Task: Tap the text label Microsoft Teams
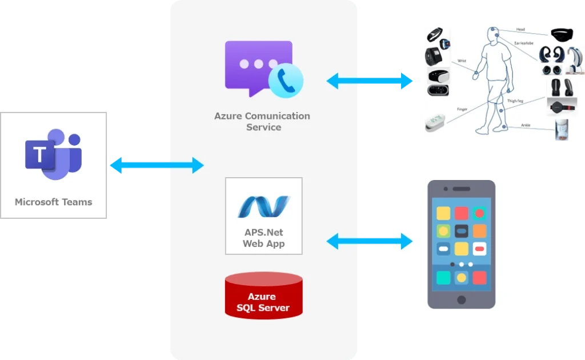(x=53, y=202)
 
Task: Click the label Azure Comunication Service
(x=262, y=121)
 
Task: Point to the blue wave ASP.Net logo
(x=263, y=207)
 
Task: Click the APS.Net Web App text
(x=263, y=238)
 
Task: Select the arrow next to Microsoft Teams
(x=157, y=165)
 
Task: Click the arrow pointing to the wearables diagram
(x=370, y=81)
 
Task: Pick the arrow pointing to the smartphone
(x=370, y=241)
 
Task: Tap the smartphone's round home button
(x=461, y=300)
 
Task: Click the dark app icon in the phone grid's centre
(x=462, y=231)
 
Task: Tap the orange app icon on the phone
(x=479, y=231)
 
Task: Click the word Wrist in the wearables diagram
(x=462, y=61)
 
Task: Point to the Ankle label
(x=526, y=125)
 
